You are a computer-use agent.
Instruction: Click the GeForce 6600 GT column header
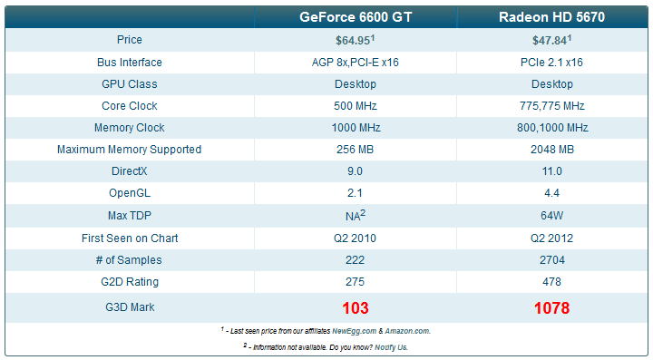coord(356,17)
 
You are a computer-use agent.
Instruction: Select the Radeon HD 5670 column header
coord(551,17)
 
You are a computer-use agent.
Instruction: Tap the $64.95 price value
coord(354,41)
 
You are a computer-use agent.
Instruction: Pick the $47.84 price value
coord(550,41)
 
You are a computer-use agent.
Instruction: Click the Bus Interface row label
coord(130,63)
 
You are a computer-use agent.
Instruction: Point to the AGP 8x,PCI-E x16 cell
coord(356,63)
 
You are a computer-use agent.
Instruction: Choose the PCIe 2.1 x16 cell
coord(551,63)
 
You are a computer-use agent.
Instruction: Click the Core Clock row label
coord(130,106)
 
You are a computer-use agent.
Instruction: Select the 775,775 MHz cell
coord(551,106)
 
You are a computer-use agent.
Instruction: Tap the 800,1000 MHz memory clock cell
coord(551,128)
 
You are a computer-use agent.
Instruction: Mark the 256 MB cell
coord(356,150)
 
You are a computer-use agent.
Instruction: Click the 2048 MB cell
coord(551,150)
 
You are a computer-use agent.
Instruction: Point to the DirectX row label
coord(130,171)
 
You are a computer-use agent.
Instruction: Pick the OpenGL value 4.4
coord(551,193)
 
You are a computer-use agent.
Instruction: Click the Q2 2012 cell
coord(551,238)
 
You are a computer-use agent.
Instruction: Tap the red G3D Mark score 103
coord(356,307)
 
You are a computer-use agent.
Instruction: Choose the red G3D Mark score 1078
coord(551,307)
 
